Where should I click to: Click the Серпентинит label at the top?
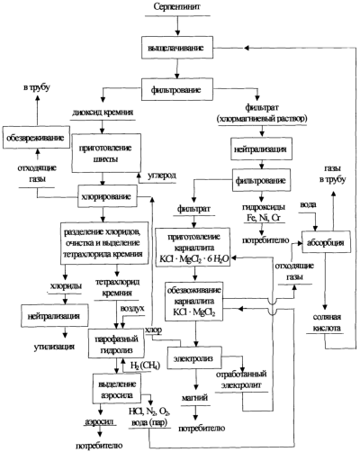[x=177, y=6]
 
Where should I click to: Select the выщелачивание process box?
[x=177, y=48]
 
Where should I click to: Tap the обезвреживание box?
[x=36, y=137]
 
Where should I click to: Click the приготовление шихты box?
[x=106, y=153]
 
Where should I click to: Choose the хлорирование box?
[x=107, y=196]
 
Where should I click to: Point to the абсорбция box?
[x=326, y=242]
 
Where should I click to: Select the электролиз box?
[x=194, y=358]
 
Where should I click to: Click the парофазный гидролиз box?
[x=116, y=344]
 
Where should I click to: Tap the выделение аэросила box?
[x=117, y=388]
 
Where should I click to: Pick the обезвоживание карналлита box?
[x=194, y=302]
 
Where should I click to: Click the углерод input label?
[x=161, y=176]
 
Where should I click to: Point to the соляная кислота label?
[x=327, y=322]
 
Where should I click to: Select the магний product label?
[x=195, y=398]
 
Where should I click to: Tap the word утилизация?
[x=54, y=347]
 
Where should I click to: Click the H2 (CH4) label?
[x=145, y=366]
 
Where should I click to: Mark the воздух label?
[x=132, y=308]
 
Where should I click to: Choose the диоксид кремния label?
[x=103, y=113]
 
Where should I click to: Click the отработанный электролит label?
[x=241, y=379]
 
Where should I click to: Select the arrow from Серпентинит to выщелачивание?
[x=177, y=26]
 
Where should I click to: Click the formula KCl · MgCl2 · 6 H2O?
[x=193, y=259]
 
